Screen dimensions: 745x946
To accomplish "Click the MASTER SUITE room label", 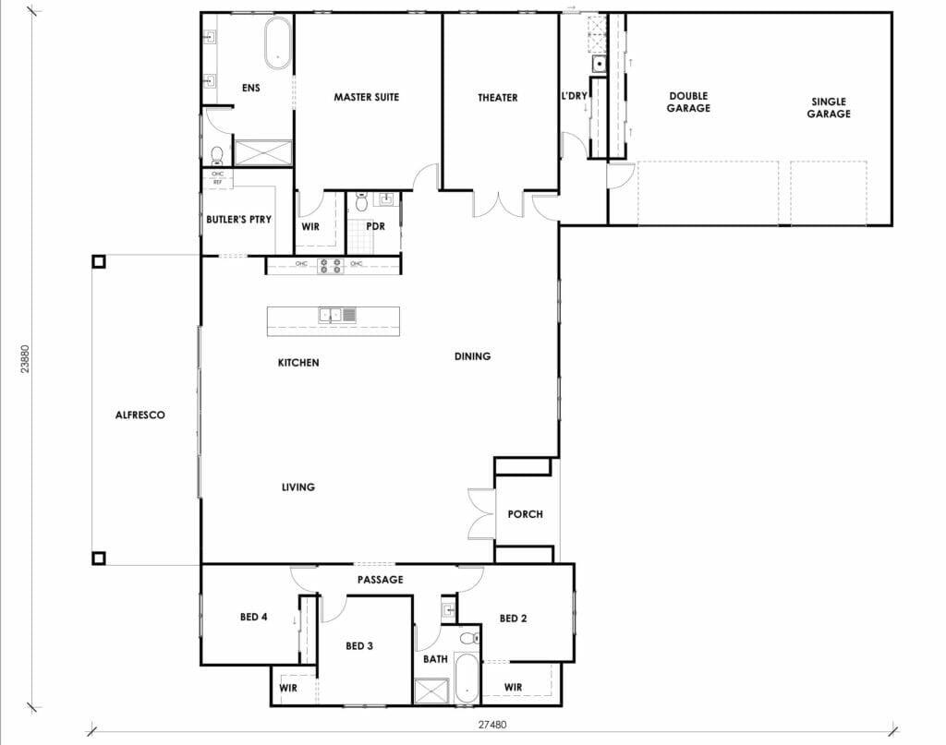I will pyautogui.click(x=367, y=97).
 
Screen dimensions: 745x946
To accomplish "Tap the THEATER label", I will pyautogui.click(x=497, y=97).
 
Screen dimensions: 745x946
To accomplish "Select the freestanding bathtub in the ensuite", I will pyautogui.click(x=276, y=44).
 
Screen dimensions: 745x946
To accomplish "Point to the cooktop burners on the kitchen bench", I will pyautogui.click(x=331, y=266).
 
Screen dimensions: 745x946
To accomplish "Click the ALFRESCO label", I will pyautogui.click(x=139, y=415).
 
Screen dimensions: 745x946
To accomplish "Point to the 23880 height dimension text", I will pyautogui.click(x=26, y=359).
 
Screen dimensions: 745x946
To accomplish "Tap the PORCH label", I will pyautogui.click(x=526, y=514).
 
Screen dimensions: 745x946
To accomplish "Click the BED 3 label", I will pyautogui.click(x=359, y=646).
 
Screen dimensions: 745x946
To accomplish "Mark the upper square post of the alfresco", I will pyautogui.click(x=99, y=261).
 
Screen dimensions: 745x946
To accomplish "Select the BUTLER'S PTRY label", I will pyautogui.click(x=238, y=220).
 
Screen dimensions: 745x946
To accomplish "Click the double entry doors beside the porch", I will pyautogui.click(x=481, y=513).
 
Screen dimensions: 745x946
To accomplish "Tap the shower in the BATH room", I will pyautogui.click(x=431, y=691).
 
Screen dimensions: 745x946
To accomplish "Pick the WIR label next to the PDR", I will pyautogui.click(x=310, y=225).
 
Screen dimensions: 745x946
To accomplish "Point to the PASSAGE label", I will pyautogui.click(x=381, y=580).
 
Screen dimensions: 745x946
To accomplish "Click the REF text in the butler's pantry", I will pyautogui.click(x=218, y=182).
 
